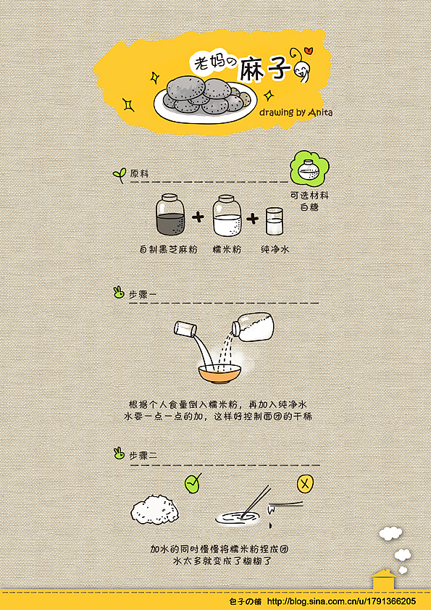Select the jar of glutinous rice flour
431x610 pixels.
pyautogui.click(x=227, y=215)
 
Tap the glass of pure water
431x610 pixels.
pyautogui.click(x=275, y=221)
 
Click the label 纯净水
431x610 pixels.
pyautogui.click(x=275, y=249)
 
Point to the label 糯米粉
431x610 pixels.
pyautogui.click(x=227, y=249)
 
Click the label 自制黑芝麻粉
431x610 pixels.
pyautogui.click(x=168, y=249)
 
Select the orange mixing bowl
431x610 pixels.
pyautogui.click(x=219, y=374)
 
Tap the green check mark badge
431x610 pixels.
pyautogui.click(x=193, y=483)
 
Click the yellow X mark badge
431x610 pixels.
pyautogui.click(x=306, y=483)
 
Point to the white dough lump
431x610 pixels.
pyautogui.click(x=155, y=509)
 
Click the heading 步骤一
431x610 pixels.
pyautogui.click(x=143, y=294)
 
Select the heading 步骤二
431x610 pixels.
pyautogui.click(x=143, y=456)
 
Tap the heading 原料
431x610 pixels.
pyautogui.click(x=139, y=174)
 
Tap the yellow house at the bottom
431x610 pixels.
pyautogui.click(x=383, y=581)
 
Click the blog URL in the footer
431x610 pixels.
pyautogui.click(x=341, y=601)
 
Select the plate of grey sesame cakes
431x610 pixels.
pyautogui.click(x=204, y=97)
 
